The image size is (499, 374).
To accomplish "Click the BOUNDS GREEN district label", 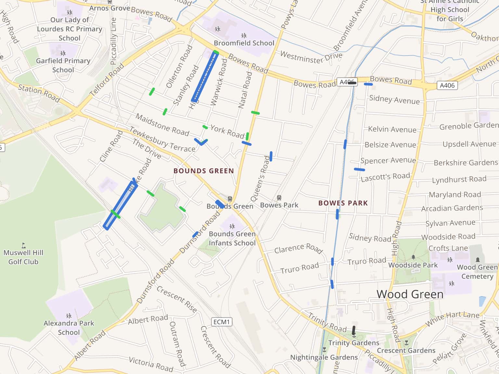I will coord(203,171).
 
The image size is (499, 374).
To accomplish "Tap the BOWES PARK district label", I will coord(343,203).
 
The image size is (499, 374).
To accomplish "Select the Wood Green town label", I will coord(410,294).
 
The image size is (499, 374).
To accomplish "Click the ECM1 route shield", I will coord(222,322).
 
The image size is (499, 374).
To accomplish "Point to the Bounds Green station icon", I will coord(230,199).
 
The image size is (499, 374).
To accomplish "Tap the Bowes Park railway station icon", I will coord(279,198).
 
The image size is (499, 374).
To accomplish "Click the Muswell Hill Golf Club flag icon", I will coord(23,245).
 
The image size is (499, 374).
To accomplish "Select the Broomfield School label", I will coord(244,43).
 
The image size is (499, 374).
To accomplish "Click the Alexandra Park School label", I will coord(69,328).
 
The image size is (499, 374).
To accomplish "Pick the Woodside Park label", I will coord(413,265).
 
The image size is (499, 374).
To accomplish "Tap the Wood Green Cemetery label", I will coord(477,272).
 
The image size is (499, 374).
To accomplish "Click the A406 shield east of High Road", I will coord(447,85).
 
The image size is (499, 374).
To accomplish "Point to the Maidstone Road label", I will coord(162,125).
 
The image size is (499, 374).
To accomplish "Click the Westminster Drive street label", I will coord(311,57).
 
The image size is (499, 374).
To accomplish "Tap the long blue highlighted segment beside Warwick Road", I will coord(205,77).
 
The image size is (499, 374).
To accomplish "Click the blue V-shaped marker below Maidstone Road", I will coord(201,142).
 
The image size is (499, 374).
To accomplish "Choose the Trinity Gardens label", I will coord(353,343).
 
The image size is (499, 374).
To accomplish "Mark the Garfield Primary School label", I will coord(63,65).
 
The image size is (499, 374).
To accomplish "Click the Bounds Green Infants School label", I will coord(232,238).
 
